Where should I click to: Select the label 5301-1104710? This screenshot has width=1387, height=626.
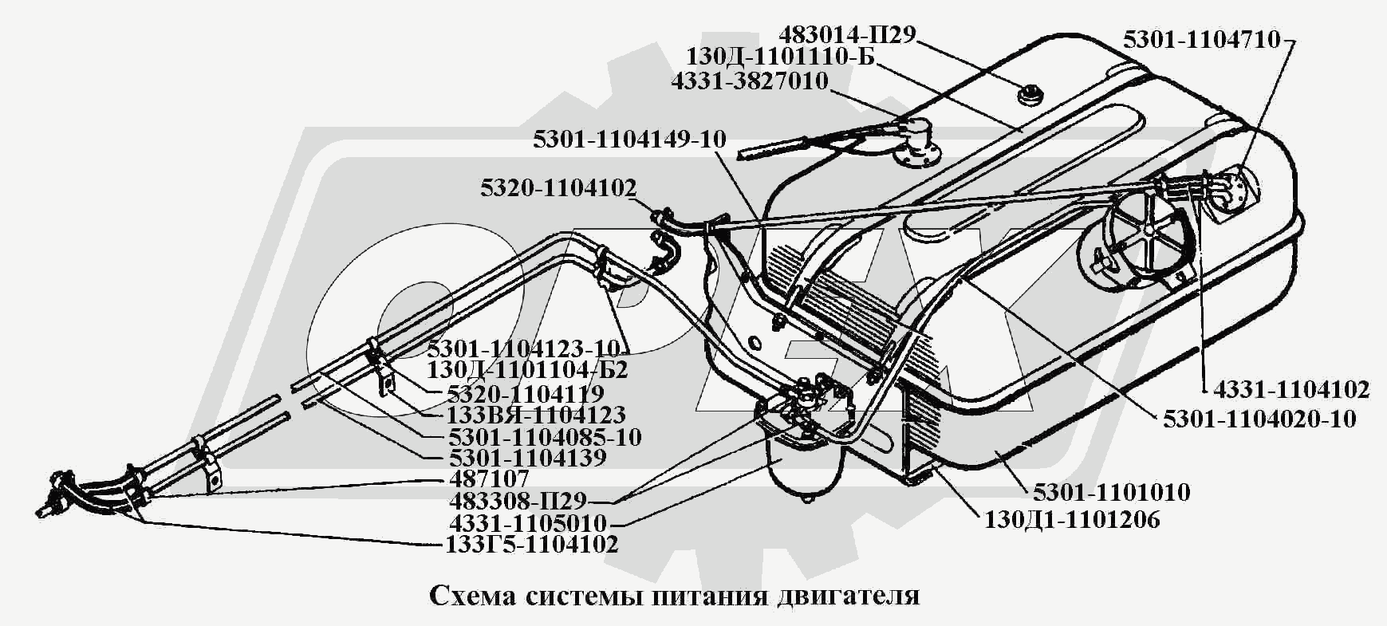pos(1202,40)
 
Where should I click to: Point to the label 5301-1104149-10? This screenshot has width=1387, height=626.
pos(630,140)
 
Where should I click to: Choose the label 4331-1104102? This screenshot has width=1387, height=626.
pos(1291,389)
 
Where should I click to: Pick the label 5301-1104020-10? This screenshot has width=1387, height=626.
pos(1259,419)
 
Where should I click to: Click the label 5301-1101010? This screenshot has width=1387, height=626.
pos(1111,492)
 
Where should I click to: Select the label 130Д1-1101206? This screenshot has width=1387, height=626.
pos(1072,520)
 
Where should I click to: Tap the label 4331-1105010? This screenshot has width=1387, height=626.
pos(528,524)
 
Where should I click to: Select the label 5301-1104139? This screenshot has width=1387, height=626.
pos(527,459)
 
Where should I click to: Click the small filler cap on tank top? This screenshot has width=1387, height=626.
pos(1030,96)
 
